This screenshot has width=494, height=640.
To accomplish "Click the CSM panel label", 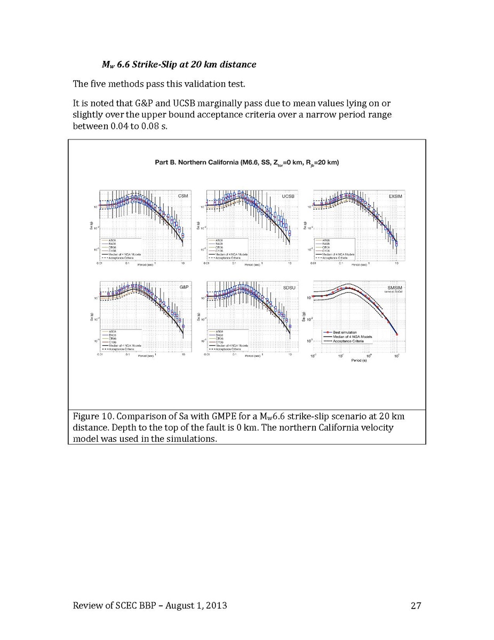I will pyautogui.click(x=183, y=197).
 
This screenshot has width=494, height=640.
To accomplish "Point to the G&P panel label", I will pyautogui.click(x=184, y=287).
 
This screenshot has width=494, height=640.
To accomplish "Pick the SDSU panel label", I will pyautogui.click(x=288, y=287).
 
